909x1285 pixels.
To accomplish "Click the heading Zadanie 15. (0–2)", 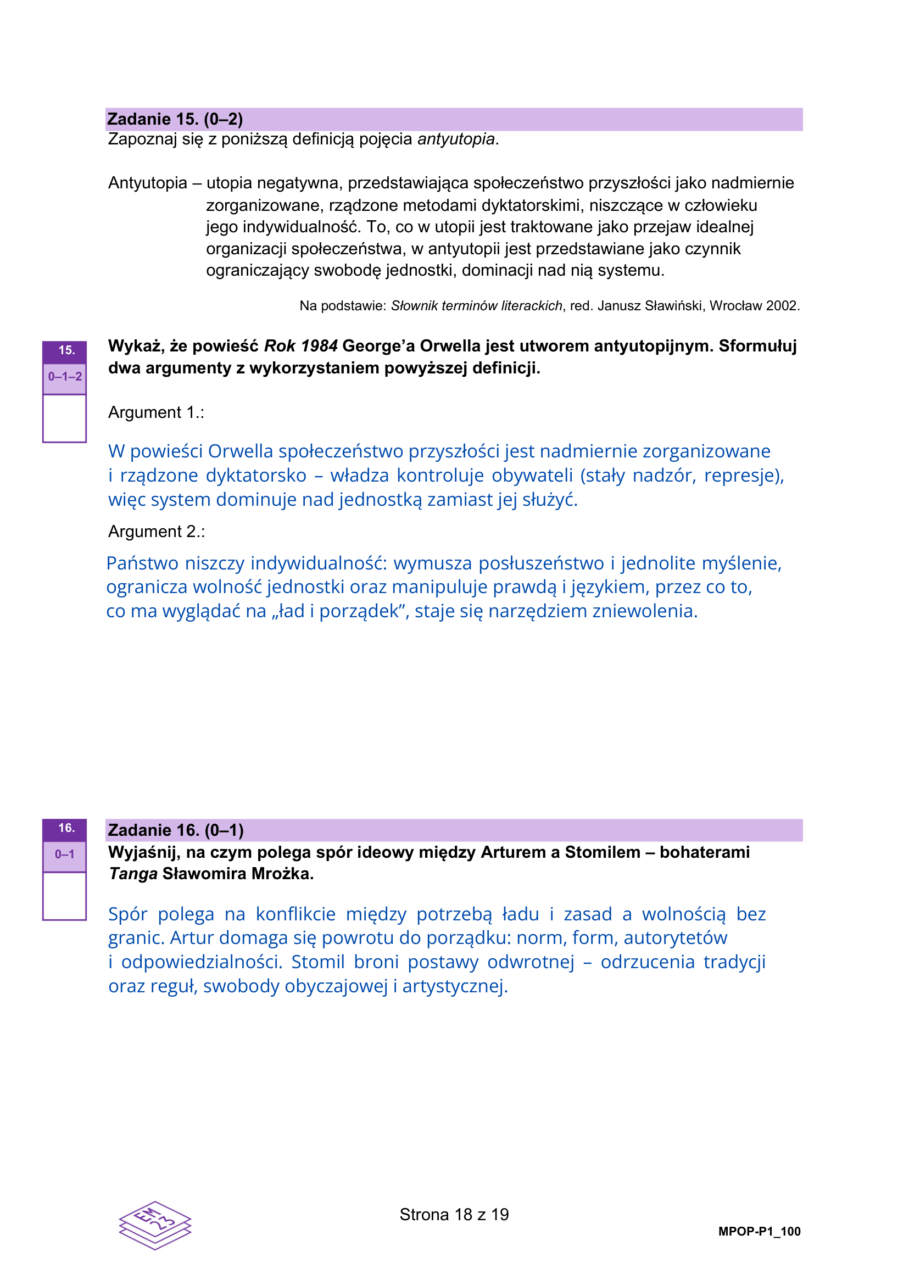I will click(175, 119).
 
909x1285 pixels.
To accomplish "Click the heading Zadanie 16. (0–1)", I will click(176, 830).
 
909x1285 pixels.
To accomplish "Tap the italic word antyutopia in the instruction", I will click(456, 139).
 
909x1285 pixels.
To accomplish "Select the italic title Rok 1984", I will click(300, 346).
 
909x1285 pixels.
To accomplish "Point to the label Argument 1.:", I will click(156, 412).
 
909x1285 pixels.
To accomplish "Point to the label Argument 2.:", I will click(157, 531).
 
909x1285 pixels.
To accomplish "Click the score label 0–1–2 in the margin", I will click(65, 377).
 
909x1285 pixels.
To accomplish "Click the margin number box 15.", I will click(65, 351).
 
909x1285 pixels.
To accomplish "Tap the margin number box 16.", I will click(65, 828).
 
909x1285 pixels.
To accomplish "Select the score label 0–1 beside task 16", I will click(65, 854).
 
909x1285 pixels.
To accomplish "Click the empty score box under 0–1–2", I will click(65, 418).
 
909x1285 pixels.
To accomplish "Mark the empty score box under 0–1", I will click(65, 896).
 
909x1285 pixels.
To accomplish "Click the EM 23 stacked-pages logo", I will click(155, 1225).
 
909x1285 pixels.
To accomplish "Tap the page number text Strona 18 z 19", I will click(454, 1215).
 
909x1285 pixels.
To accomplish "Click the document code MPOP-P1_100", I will click(759, 1231).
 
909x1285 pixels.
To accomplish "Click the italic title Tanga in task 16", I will click(133, 874).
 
